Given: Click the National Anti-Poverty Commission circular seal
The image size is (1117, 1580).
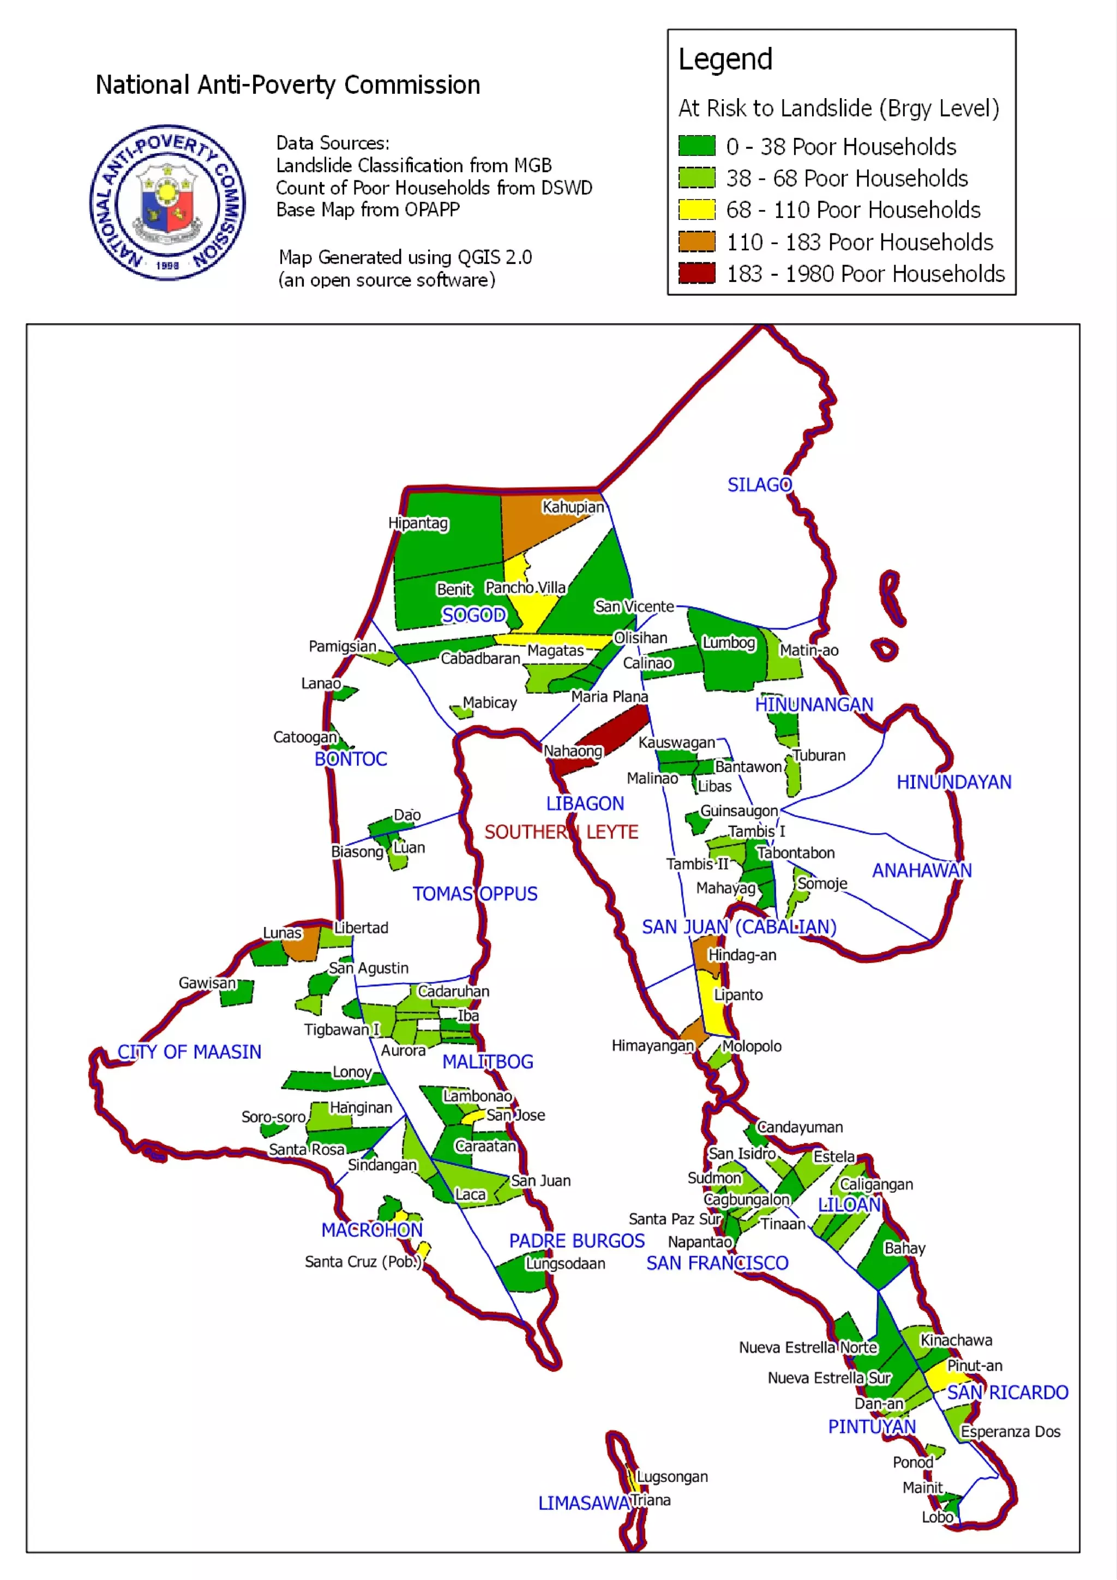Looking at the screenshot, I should click(x=167, y=202).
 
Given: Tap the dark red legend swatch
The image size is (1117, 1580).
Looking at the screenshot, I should click(x=696, y=273).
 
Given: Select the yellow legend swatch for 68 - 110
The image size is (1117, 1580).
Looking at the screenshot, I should click(x=696, y=209).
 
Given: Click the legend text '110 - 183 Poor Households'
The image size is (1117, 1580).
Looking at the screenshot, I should click(x=860, y=242).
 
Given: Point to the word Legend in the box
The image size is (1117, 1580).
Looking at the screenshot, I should click(x=725, y=59).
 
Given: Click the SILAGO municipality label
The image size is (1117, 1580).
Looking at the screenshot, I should click(x=760, y=485).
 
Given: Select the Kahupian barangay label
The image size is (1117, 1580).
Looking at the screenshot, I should click(x=573, y=506).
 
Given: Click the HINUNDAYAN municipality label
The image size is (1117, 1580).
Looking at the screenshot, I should click(x=953, y=782).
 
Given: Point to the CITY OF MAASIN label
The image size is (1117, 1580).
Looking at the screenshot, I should click(x=189, y=1052).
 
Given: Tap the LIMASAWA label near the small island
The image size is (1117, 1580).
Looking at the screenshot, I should click(x=584, y=1503).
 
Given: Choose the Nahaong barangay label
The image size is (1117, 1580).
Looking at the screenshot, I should click(x=573, y=751).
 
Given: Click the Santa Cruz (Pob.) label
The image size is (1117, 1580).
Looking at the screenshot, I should click(x=363, y=1262).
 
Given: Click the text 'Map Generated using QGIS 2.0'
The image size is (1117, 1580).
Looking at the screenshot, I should click(x=405, y=257).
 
